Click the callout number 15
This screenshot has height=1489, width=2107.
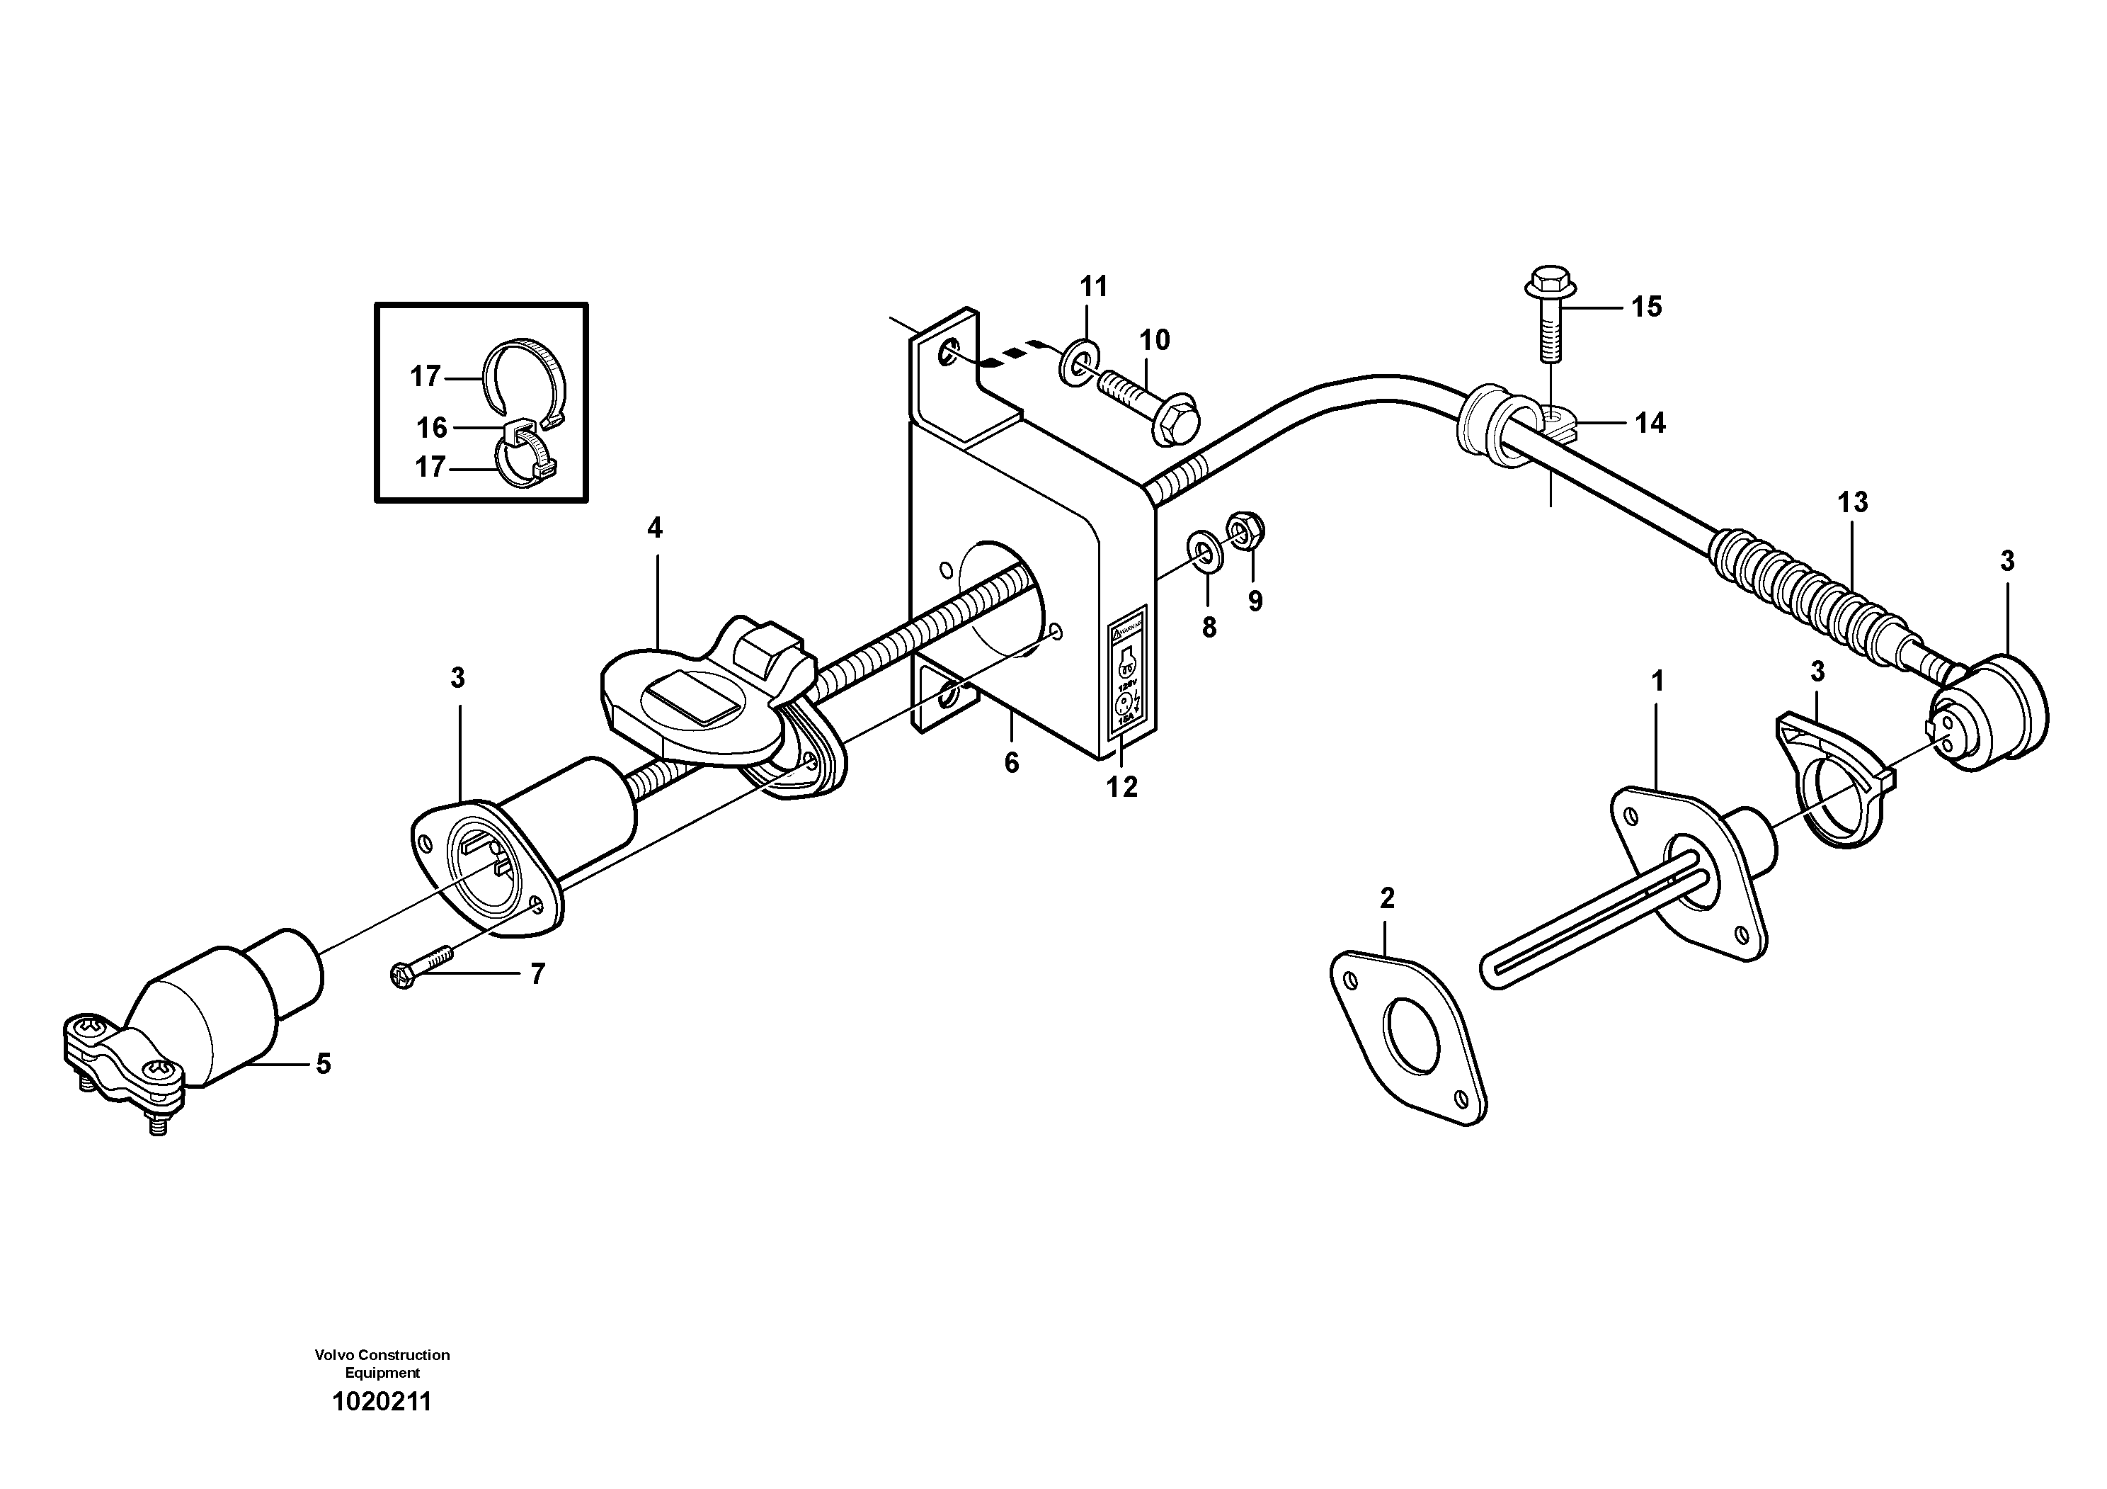click(x=1646, y=307)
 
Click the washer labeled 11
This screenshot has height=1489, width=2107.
click(x=1078, y=363)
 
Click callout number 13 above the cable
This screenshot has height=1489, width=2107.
click(x=1852, y=502)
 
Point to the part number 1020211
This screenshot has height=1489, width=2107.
click(x=381, y=1402)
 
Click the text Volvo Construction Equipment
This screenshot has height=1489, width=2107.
click(x=382, y=1363)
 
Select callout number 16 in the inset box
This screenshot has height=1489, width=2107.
click(x=431, y=427)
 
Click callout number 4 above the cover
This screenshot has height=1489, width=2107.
click(x=654, y=528)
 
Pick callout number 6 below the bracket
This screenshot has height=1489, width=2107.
click(x=1011, y=762)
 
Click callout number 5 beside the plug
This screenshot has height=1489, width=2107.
click(x=323, y=1064)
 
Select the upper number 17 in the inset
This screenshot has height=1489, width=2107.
click(x=425, y=376)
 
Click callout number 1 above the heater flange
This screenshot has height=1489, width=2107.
click(x=1657, y=681)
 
